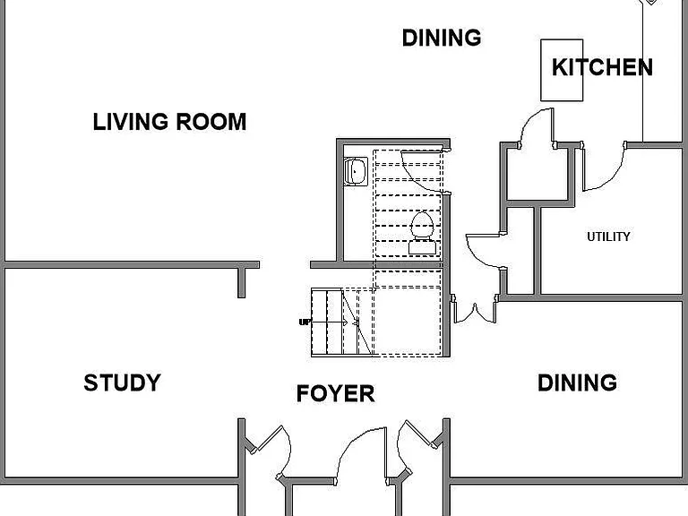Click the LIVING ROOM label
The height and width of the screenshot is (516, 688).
click(x=169, y=122)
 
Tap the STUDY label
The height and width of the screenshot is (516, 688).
click(x=123, y=383)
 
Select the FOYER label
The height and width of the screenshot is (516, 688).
click(x=336, y=393)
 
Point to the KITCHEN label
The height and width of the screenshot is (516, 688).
click(x=602, y=67)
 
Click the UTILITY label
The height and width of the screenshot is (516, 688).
click(x=608, y=236)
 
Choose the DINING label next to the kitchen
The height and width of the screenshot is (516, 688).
click(x=442, y=38)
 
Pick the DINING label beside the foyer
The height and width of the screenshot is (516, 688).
click(x=578, y=383)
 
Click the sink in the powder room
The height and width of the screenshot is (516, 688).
click(x=356, y=172)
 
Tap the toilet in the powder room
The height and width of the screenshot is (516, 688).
click(x=423, y=234)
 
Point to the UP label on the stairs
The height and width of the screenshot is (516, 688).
click(x=304, y=322)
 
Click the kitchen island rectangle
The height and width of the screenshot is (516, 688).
click(x=562, y=70)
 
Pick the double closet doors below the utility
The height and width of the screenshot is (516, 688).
click(x=475, y=312)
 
